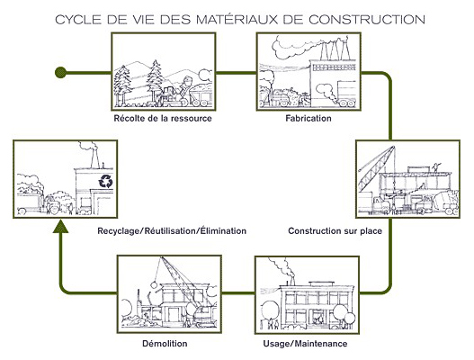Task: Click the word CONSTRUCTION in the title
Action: (x=367, y=20)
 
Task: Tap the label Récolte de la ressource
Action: (x=163, y=118)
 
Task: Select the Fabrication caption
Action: (x=309, y=118)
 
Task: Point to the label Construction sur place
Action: (x=335, y=231)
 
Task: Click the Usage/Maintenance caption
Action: (x=305, y=344)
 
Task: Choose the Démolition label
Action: (x=165, y=344)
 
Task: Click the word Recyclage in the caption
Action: (x=120, y=231)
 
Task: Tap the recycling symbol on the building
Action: (x=106, y=181)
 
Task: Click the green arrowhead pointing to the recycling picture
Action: (x=61, y=227)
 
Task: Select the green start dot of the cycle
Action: (x=60, y=73)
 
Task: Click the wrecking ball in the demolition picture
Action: (x=154, y=284)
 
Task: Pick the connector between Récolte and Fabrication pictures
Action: (x=236, y=73)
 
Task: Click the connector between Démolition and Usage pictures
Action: (x=238, y=292)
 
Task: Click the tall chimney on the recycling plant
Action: (x=95, y=157)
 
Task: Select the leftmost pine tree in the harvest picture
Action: (x=121, y=86)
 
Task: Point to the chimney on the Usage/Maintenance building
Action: (x=292, y=280)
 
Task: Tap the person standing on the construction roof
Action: (x=436, y=167)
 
